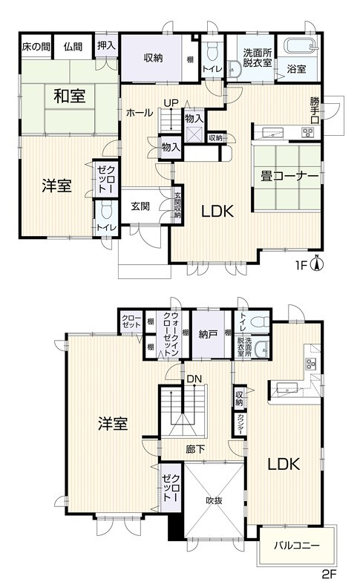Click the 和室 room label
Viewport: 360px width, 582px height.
(x=70, y=97)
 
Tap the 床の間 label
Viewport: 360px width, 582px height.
(x=36, y=47)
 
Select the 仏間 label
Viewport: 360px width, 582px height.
(x=73, y=47)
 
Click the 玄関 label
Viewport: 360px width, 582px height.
(x=140, y=206)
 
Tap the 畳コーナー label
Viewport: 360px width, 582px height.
(x=289, y=177)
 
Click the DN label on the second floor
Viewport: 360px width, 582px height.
(x=194, y=379)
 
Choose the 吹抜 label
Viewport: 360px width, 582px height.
(x=214, y=500)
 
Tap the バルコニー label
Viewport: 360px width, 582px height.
(x=297, y=546)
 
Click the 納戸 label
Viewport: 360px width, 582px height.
(x=208, y=334)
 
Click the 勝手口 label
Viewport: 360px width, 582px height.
(x=315, y=110)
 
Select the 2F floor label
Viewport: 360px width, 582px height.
(x=328, y=575)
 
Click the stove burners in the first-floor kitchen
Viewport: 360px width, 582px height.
(x=307, y=132)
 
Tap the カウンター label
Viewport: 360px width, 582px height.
(x=240, y=424)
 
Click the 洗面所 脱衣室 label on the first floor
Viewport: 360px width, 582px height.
(x=258, y=58)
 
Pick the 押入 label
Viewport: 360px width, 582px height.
(x=107, y=46)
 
